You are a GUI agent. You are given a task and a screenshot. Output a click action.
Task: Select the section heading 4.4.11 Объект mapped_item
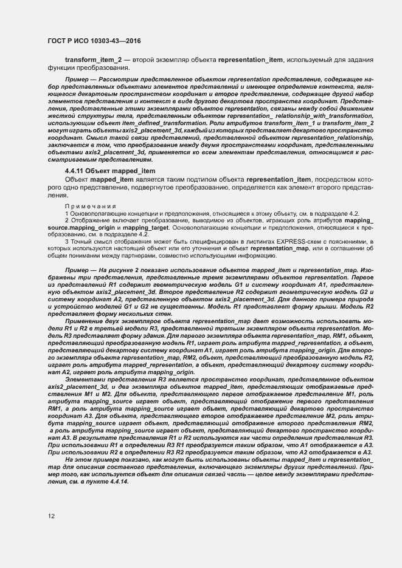(110, 172)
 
